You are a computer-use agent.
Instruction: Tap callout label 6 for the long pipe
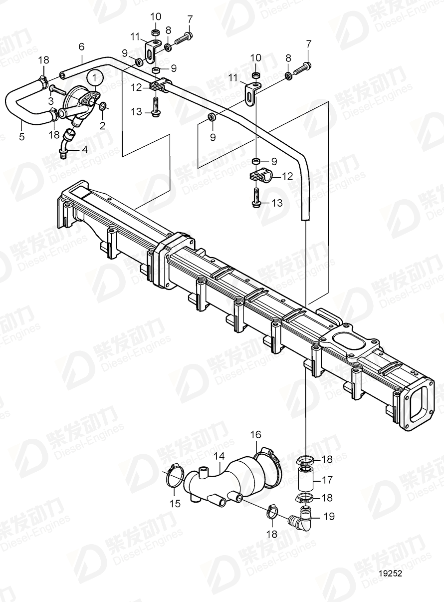pos(81,46)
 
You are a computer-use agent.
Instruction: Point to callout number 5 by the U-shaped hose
pos(22,136)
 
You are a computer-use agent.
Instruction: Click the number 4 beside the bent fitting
pos(84,149)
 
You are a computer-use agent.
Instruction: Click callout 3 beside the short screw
pos(49,101)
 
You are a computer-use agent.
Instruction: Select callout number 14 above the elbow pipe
pos(220,456)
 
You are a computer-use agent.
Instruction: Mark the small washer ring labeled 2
pos(102,105)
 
